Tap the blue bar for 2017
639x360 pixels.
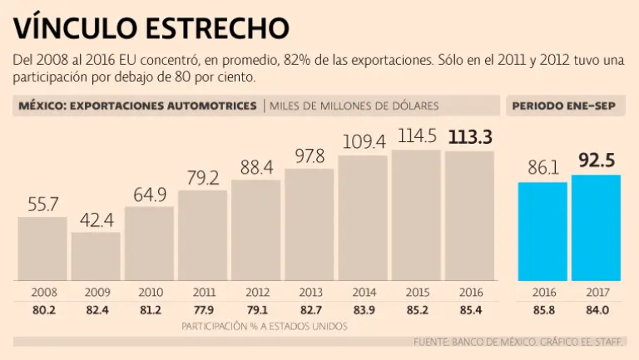coord(596,228)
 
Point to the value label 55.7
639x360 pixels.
coord(42,203)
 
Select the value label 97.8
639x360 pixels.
coord(310,155)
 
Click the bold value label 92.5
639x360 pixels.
coord(596,160)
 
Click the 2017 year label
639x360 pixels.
coord(596,293)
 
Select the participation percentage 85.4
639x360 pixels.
coord(470,310)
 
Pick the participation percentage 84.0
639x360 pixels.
coord(596,310)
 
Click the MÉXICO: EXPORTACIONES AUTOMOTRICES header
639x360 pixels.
coord(138,106)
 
